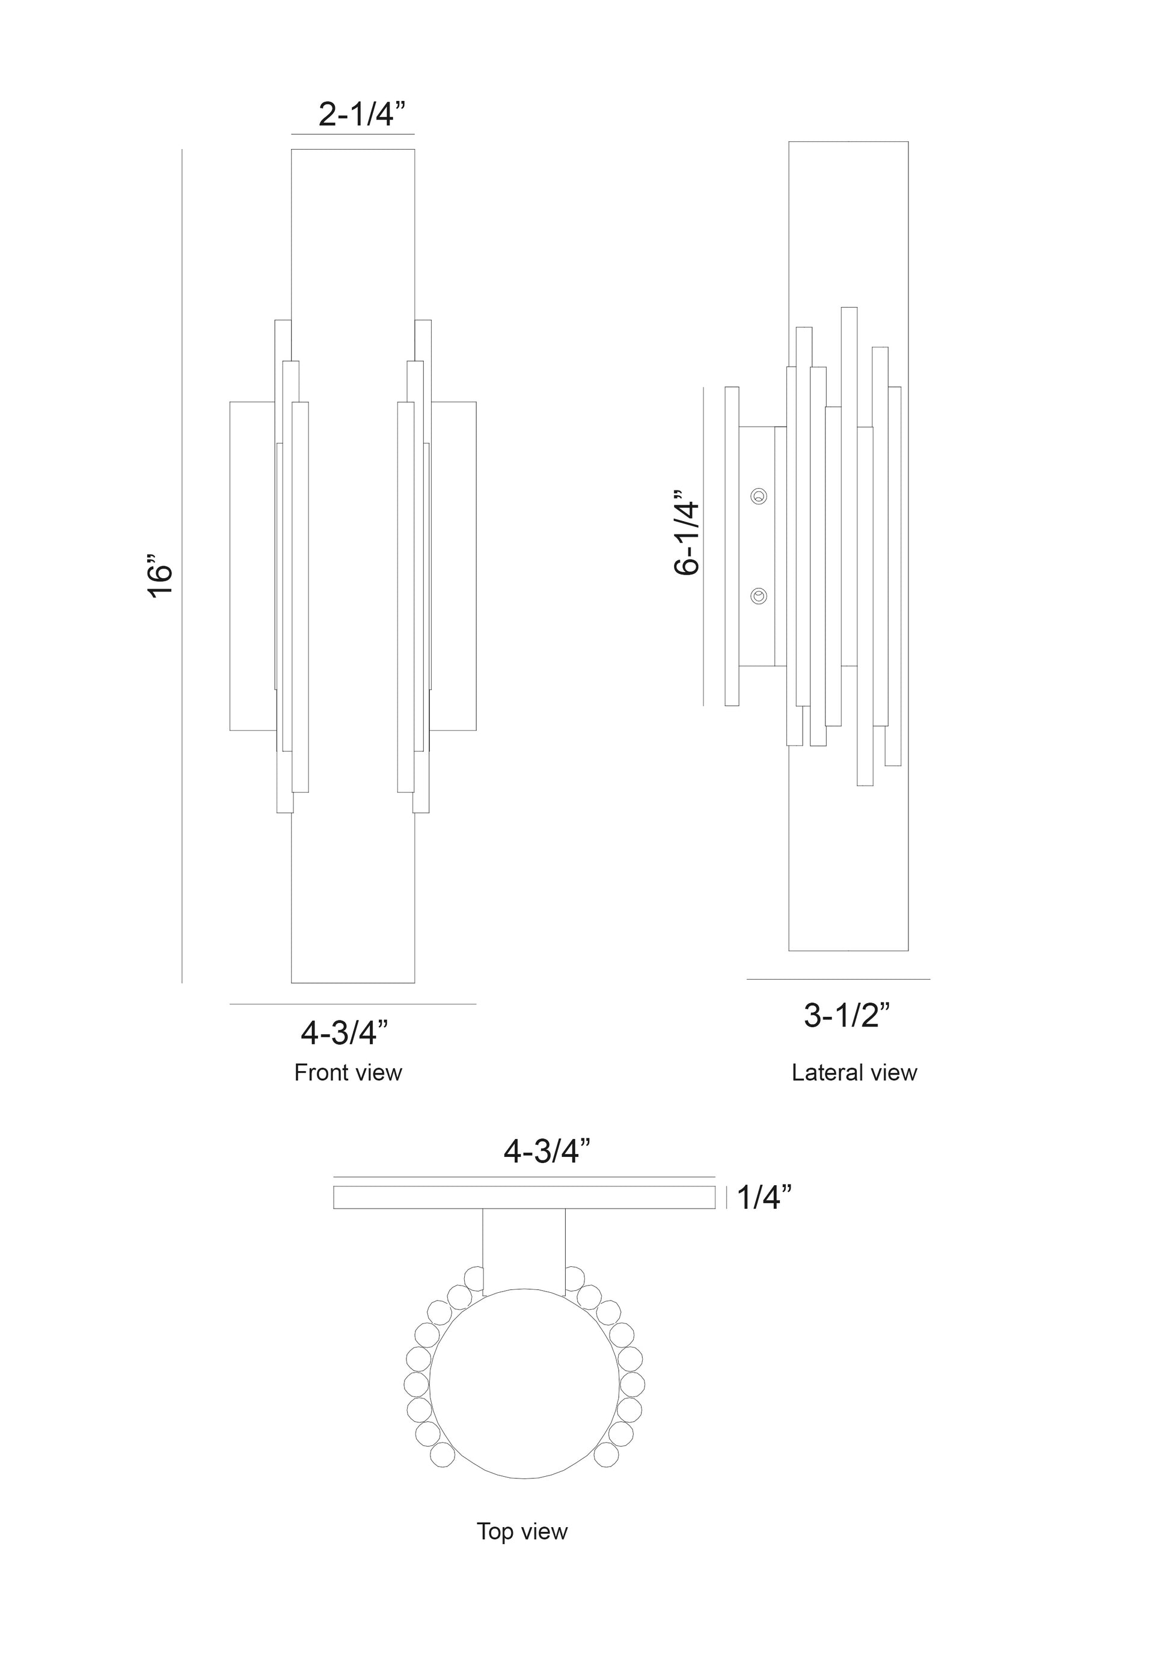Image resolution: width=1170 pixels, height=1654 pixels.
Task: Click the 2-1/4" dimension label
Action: coord(363,114)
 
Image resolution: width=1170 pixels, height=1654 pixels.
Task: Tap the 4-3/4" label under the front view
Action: coord(345,1033)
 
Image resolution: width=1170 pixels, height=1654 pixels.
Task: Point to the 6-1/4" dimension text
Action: coord(687,533)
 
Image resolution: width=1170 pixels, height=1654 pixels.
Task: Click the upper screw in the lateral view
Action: coord(758,496)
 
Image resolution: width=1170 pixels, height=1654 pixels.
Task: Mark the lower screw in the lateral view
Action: coord(758,596)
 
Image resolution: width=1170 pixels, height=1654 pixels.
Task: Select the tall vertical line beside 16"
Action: coord(182,566)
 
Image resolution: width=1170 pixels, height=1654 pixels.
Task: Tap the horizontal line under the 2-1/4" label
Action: coord(353,134)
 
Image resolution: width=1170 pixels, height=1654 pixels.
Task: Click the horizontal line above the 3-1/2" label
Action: coord(839,979)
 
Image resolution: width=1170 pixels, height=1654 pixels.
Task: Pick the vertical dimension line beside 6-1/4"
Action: coord(703,546)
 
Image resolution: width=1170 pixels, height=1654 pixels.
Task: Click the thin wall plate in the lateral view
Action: coord(732,546)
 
